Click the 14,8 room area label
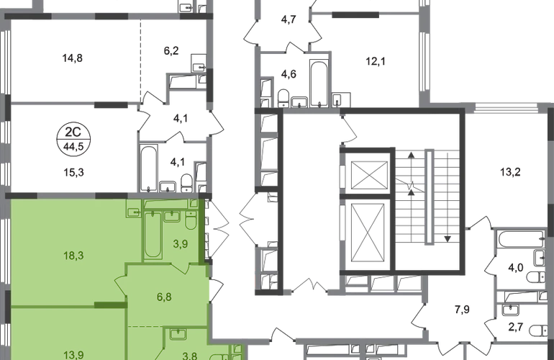73,58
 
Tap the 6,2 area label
171,50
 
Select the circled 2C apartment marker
73,139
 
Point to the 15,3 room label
74,173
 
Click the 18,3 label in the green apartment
73,255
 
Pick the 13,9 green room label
74,354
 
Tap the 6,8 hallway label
164,297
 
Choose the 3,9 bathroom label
180,243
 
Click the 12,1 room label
376,61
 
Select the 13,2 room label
510,172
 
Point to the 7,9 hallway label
462,310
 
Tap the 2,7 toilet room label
515,326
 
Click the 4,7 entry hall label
289,19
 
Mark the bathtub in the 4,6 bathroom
319,84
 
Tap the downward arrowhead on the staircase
448,239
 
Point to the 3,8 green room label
190,355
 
